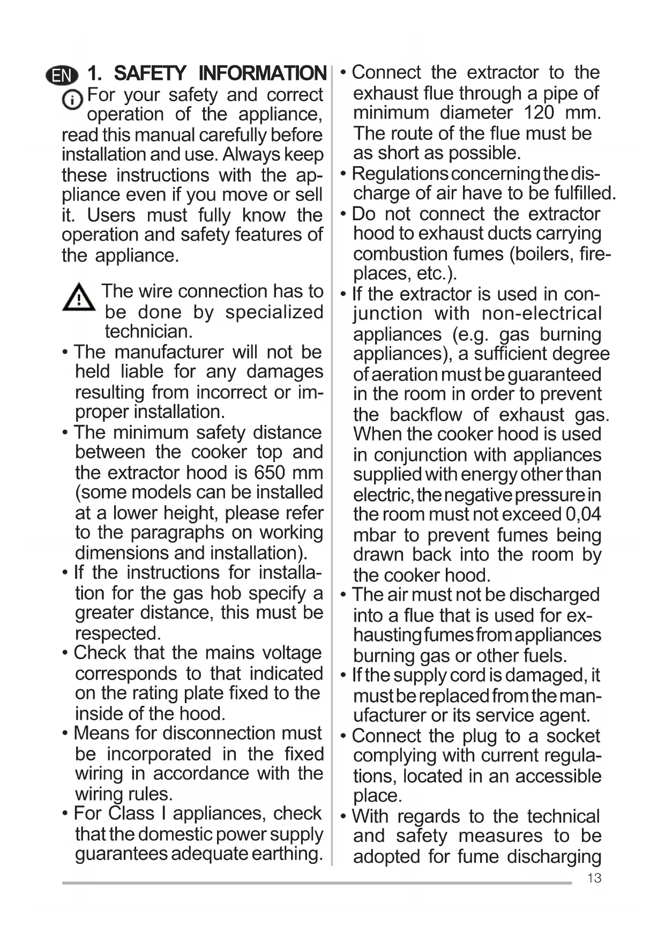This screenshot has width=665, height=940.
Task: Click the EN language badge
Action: point(62,76)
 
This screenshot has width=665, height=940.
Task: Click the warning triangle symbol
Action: point(79,298)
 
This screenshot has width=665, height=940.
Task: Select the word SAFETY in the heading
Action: point(150,73)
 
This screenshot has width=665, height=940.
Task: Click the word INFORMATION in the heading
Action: point(262,73)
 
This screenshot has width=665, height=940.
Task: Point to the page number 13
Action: point(594,878)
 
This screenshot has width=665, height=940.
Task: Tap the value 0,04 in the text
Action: point(583,514)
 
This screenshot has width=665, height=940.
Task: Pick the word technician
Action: point(148,332)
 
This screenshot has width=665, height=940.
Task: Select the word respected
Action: point(118,633)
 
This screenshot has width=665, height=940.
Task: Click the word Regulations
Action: point(400,174)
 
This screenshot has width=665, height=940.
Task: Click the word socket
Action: point(573,736)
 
